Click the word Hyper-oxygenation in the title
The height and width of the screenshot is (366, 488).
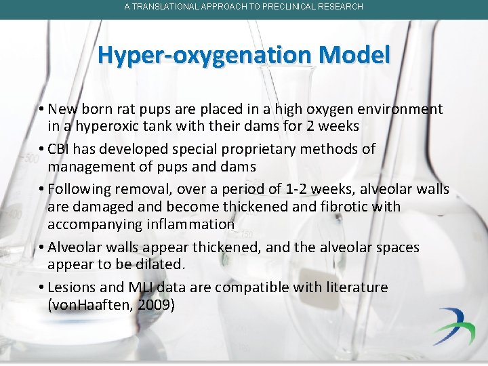196,55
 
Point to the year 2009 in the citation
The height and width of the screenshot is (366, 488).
155,305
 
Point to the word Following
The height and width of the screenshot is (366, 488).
79,189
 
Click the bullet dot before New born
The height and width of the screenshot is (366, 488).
41,109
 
